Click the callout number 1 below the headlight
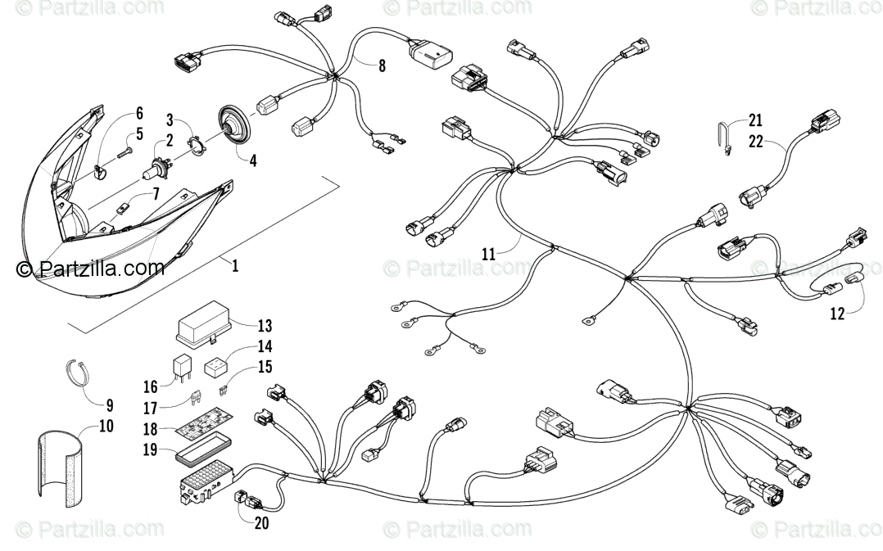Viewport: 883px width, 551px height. (236, 267)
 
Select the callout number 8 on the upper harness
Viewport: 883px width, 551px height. (381, 67)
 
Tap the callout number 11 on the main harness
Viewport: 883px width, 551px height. (488, 255)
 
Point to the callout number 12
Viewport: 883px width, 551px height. (837, 312)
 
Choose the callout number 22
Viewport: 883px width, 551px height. (755, 141)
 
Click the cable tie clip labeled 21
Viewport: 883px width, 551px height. (725, 138)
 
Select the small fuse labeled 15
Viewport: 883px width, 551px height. (224, 380)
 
